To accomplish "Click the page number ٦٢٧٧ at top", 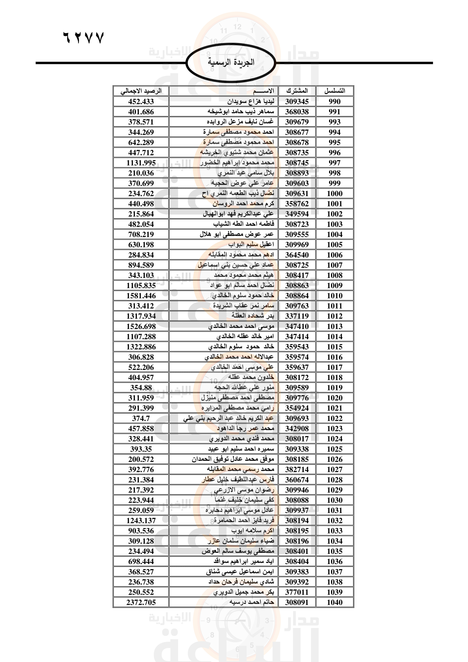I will [83, 38].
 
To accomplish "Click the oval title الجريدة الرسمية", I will [231, 62].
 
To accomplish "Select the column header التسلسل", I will [334, 91].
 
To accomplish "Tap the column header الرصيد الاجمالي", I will [141, 91].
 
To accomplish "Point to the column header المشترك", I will [297, 91].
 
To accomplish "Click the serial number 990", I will [334, 102].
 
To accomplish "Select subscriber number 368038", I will [297, 112].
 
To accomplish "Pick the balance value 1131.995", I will [141, 163].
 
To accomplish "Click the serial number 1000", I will [334, 194].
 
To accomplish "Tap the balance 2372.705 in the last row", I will [141, 602].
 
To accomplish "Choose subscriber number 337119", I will [297, 316].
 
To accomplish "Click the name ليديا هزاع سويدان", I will [251, 102].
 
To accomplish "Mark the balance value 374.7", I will [141, 418].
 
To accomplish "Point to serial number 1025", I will [334, 449].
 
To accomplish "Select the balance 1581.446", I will [141, 296].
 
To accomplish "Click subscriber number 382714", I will [297, 469].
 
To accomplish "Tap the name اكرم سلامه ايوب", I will [252, 530].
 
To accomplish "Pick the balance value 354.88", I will [141, 388].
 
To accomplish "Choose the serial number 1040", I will [334, 602].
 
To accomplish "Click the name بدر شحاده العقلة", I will [253, 316].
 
